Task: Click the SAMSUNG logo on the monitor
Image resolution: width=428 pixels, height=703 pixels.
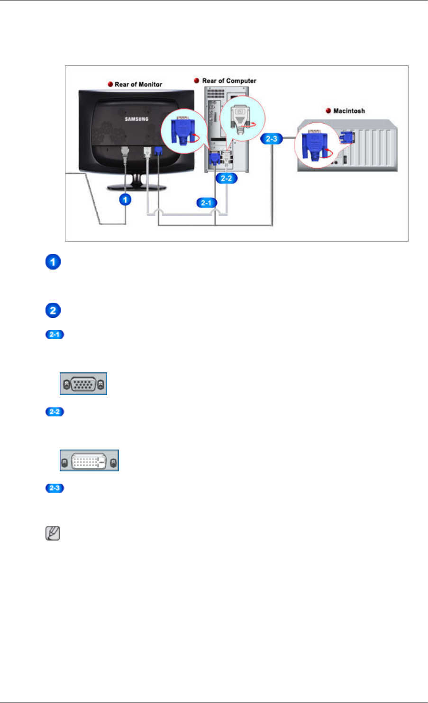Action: pyautogui.click(x=137, y=119)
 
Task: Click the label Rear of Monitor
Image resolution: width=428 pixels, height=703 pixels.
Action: pyautogui.click(x=138, y=84)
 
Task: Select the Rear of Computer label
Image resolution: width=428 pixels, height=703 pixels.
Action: pyautogui.click(x=229, y=81)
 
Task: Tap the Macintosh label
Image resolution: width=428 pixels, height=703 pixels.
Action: pyautogui.click(x=349, y=111)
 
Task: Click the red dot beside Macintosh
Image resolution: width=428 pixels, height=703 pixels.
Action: pyautogui.click(x=328, y=111)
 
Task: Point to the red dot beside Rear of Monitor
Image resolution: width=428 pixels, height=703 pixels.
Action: pyautogui.click(x=110, y=84)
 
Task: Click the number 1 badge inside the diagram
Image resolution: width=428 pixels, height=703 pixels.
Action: pyautogui.click(x=125, y=199)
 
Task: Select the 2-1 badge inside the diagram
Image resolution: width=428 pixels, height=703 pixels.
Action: pyautogui.click(x=206, y=203)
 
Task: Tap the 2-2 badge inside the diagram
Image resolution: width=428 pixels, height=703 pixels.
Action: pyautogui.click(x=226, y=178)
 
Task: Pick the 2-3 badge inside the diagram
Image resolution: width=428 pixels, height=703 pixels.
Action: pyautogui.click(x=271, y=139)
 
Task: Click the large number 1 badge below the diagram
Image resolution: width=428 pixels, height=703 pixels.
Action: pyautogui.click(x=53, y=262)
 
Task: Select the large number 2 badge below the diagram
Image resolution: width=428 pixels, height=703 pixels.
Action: pyautogui.click(x=53, y=311)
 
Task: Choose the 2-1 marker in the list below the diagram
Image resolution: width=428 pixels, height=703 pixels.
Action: pyautogui.click(x=55, y=335)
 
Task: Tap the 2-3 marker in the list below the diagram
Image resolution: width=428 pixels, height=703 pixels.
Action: pyautogui.click(x=55, y=488)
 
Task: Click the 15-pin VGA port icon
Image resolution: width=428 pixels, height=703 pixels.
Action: pyautogui.click(x=83, y=384)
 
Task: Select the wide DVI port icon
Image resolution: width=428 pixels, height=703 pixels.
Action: pyautogui.click(x=89, y=460)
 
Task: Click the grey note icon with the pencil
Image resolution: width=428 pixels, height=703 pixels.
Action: pyautogui.click(x=53, y=534)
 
